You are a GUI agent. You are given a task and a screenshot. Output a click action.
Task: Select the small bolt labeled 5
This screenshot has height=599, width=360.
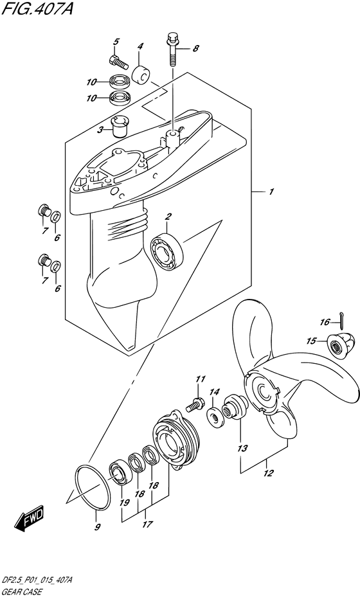click(118, 61)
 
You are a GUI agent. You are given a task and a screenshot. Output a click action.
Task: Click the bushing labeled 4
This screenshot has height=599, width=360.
click(141, 75)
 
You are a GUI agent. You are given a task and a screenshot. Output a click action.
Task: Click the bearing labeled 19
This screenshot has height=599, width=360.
click(120, 473)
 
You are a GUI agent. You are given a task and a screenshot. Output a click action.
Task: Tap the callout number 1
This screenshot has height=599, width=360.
click(271, 192)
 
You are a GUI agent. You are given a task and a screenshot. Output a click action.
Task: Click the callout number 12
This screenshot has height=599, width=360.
click(268, 473)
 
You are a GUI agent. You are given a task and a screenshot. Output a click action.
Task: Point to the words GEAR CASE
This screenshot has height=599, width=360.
click(22, 593)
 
